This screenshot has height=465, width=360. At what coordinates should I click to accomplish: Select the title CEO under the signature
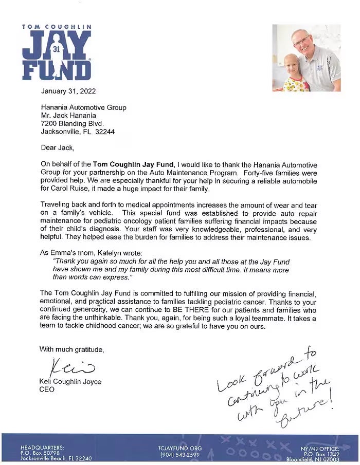click(47, 389)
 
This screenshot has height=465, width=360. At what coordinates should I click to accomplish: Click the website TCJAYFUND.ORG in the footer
click(180, 448)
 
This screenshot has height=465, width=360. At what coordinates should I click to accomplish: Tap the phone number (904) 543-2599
click(180, 455)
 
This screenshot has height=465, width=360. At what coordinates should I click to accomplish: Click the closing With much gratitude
click(71, 349)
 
